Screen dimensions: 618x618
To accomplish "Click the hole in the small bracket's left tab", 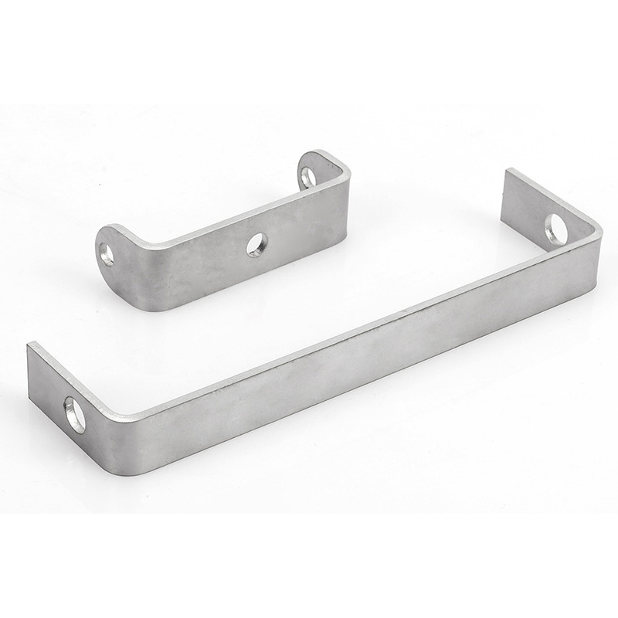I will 107,254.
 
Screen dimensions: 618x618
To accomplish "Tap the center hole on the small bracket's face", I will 256,245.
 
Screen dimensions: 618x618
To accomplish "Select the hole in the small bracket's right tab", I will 308,177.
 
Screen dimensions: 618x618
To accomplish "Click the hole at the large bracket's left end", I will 75,414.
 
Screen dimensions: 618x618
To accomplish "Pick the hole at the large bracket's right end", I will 555,229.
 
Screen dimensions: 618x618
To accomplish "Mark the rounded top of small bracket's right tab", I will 309,156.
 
